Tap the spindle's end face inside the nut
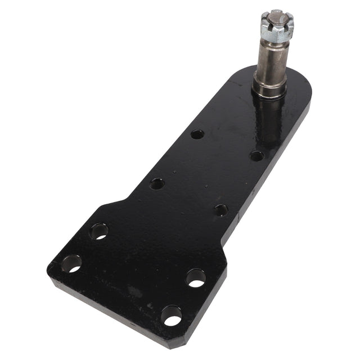point(275,15)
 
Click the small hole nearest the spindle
point(256,156)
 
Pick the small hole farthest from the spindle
point(157,183)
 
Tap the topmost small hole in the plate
point(197,134)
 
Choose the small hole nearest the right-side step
point(221,210)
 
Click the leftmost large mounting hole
point(72,263)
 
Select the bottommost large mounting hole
point(171,316)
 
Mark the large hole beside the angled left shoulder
point(99,231)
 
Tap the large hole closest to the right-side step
point(195,278)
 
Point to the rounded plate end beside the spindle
point(298,90)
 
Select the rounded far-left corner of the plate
point(52,270)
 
